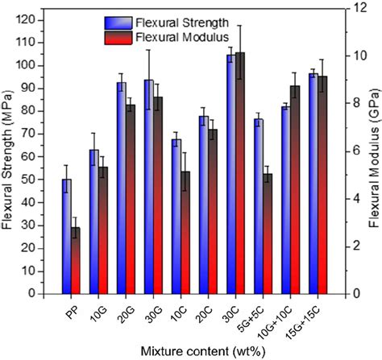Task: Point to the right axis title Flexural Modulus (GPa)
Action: click(373, 153)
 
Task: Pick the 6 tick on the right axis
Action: click(346, 151)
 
